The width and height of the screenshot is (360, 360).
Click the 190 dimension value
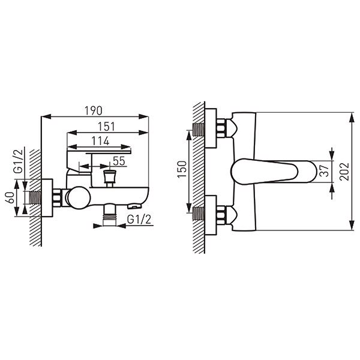[94, 111]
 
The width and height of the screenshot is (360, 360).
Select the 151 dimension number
[106, 127]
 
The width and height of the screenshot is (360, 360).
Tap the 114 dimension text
[100, 141]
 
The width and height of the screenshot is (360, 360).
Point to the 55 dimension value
[119, 161]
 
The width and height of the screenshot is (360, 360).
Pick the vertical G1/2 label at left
[19, 161]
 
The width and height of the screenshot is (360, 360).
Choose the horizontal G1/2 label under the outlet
[139, 220]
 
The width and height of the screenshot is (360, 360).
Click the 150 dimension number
[182, 169]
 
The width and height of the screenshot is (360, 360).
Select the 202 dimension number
[344, 172]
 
